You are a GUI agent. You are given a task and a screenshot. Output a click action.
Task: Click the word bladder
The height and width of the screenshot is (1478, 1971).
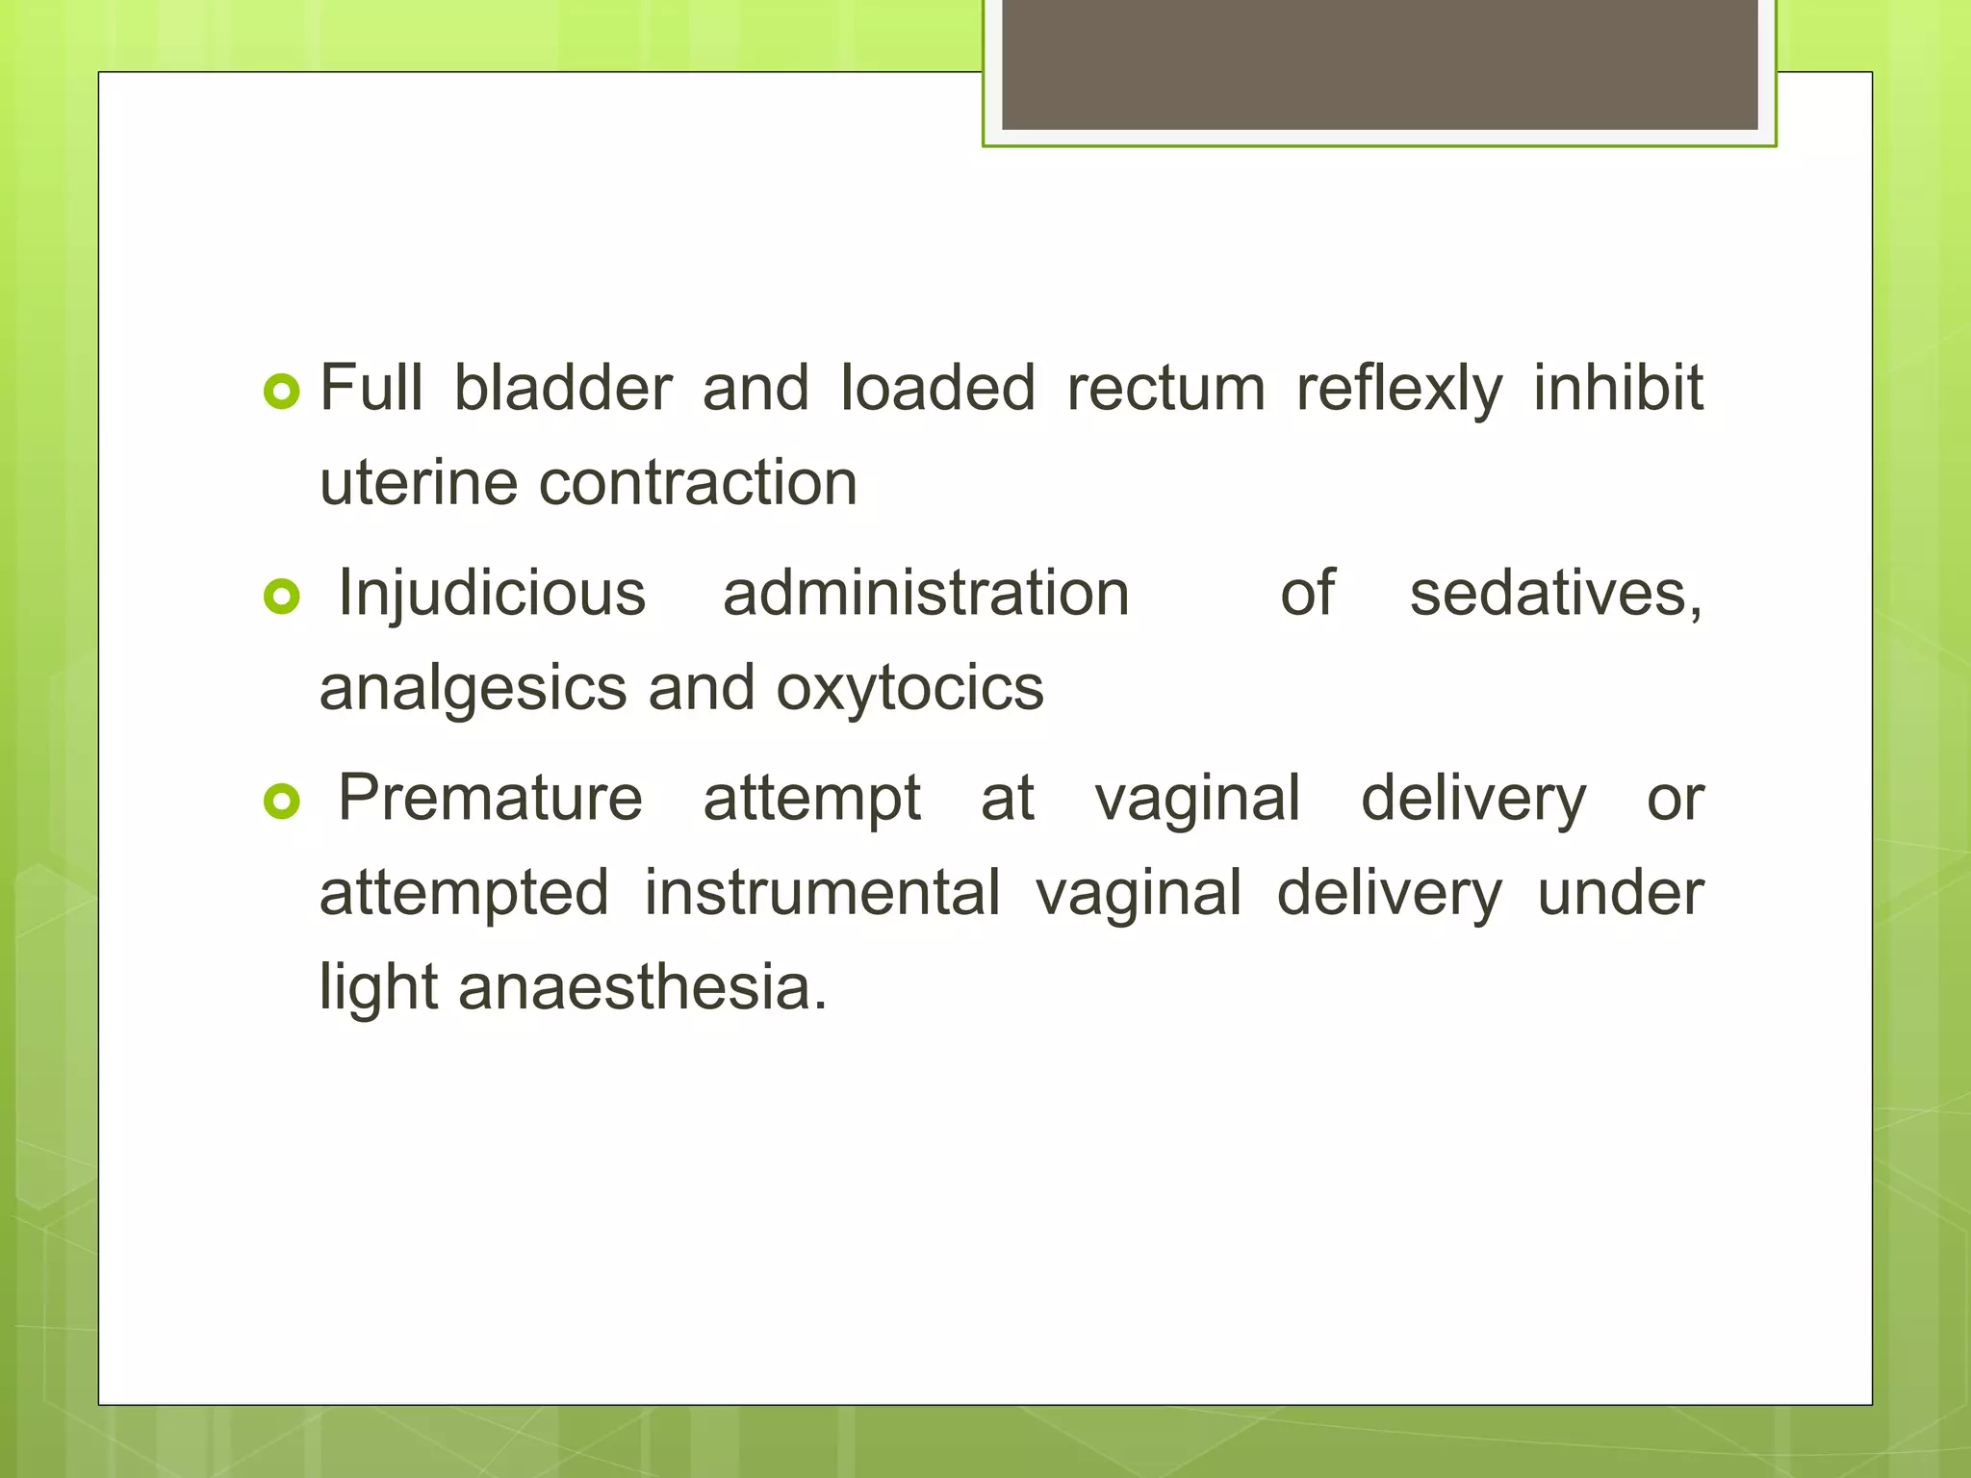(562, 388)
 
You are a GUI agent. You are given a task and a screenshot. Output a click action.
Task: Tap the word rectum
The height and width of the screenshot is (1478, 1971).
(1165, 388)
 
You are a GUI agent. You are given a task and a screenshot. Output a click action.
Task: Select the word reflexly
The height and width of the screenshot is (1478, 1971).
(1398, 390)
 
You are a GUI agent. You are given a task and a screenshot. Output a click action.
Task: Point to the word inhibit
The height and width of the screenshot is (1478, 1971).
(1618, 388)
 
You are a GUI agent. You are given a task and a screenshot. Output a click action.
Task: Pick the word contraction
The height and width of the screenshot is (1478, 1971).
(697, 482)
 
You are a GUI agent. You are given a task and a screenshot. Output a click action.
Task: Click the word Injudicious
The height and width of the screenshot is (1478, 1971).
(492, 593)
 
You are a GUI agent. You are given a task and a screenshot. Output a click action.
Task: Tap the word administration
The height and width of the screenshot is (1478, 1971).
(926, 593)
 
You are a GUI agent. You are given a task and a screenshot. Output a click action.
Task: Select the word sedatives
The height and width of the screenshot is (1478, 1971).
(1555, 593)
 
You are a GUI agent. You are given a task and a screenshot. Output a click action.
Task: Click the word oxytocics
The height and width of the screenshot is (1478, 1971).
(909, 689)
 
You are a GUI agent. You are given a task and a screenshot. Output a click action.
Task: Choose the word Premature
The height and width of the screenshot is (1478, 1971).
(490, 798)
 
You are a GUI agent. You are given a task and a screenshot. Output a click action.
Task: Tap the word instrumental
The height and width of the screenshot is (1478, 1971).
(822, 893)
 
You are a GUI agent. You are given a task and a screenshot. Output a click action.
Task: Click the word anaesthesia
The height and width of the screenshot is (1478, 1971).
(642, 987)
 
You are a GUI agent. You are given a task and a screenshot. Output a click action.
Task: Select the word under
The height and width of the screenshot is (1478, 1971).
(1620, 893)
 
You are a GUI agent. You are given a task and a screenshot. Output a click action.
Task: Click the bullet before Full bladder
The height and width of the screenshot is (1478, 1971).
(282, 392)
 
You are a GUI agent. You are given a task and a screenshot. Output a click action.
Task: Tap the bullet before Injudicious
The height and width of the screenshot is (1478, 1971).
(282, 598)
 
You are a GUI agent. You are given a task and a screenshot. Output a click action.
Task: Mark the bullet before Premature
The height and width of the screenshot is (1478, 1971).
(282, 802)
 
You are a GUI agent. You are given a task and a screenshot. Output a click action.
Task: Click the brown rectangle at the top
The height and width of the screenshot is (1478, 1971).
(1379, 64)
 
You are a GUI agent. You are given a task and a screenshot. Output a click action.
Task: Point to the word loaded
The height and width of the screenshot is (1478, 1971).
(937, 388)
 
